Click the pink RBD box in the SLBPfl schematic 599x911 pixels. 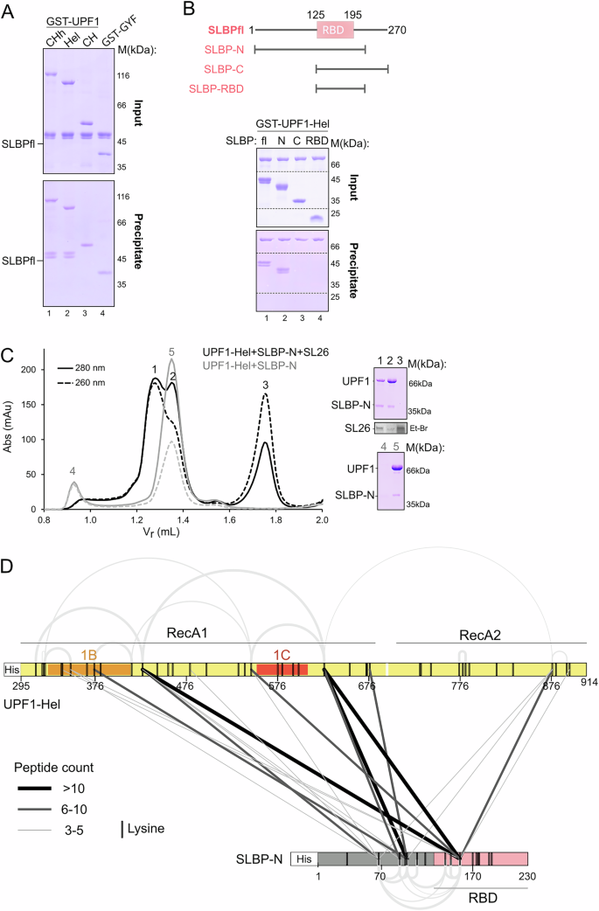pyautogui.click(x=335, y=30)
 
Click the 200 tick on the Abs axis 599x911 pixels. pyautogui.click(x=33, y=370)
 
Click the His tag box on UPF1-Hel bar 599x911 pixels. pyautogui.click(x=12, y=669)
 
